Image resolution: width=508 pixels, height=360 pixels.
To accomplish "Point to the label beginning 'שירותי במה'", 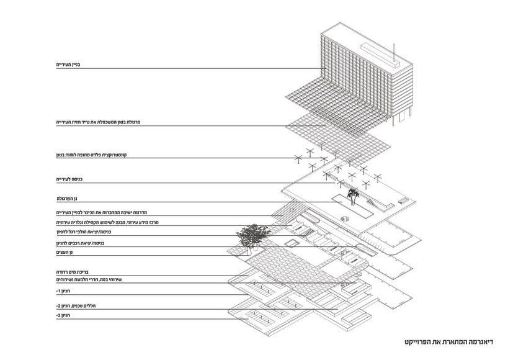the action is [x=89, y=280].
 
